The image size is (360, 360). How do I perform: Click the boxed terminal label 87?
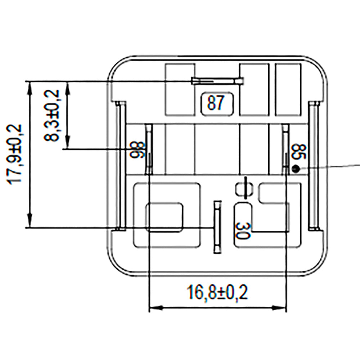pyautogui.click(x=216, y=104)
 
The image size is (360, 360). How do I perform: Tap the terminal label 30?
pyautogui.click(x=243, y=230)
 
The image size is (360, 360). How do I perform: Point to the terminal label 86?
pyautogui.click(x=138, y=150)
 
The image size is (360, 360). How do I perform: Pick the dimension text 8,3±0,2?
pyautogui.click(x=53, y=115)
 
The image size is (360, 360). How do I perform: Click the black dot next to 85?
pyautogui.click(x=296, y=168)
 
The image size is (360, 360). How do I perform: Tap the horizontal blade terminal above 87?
pyautogui.click(x=217, y=81)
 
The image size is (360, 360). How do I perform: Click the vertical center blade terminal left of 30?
pyautogui.click(x=217, y=228)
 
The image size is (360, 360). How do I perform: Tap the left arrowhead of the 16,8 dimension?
pyautogui.click(x=153, y=309)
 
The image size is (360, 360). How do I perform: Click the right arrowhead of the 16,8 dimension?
pyautogui.click(x=283, y=309)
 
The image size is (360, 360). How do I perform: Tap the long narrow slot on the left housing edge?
pyautogui.click(x=121, y=166)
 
